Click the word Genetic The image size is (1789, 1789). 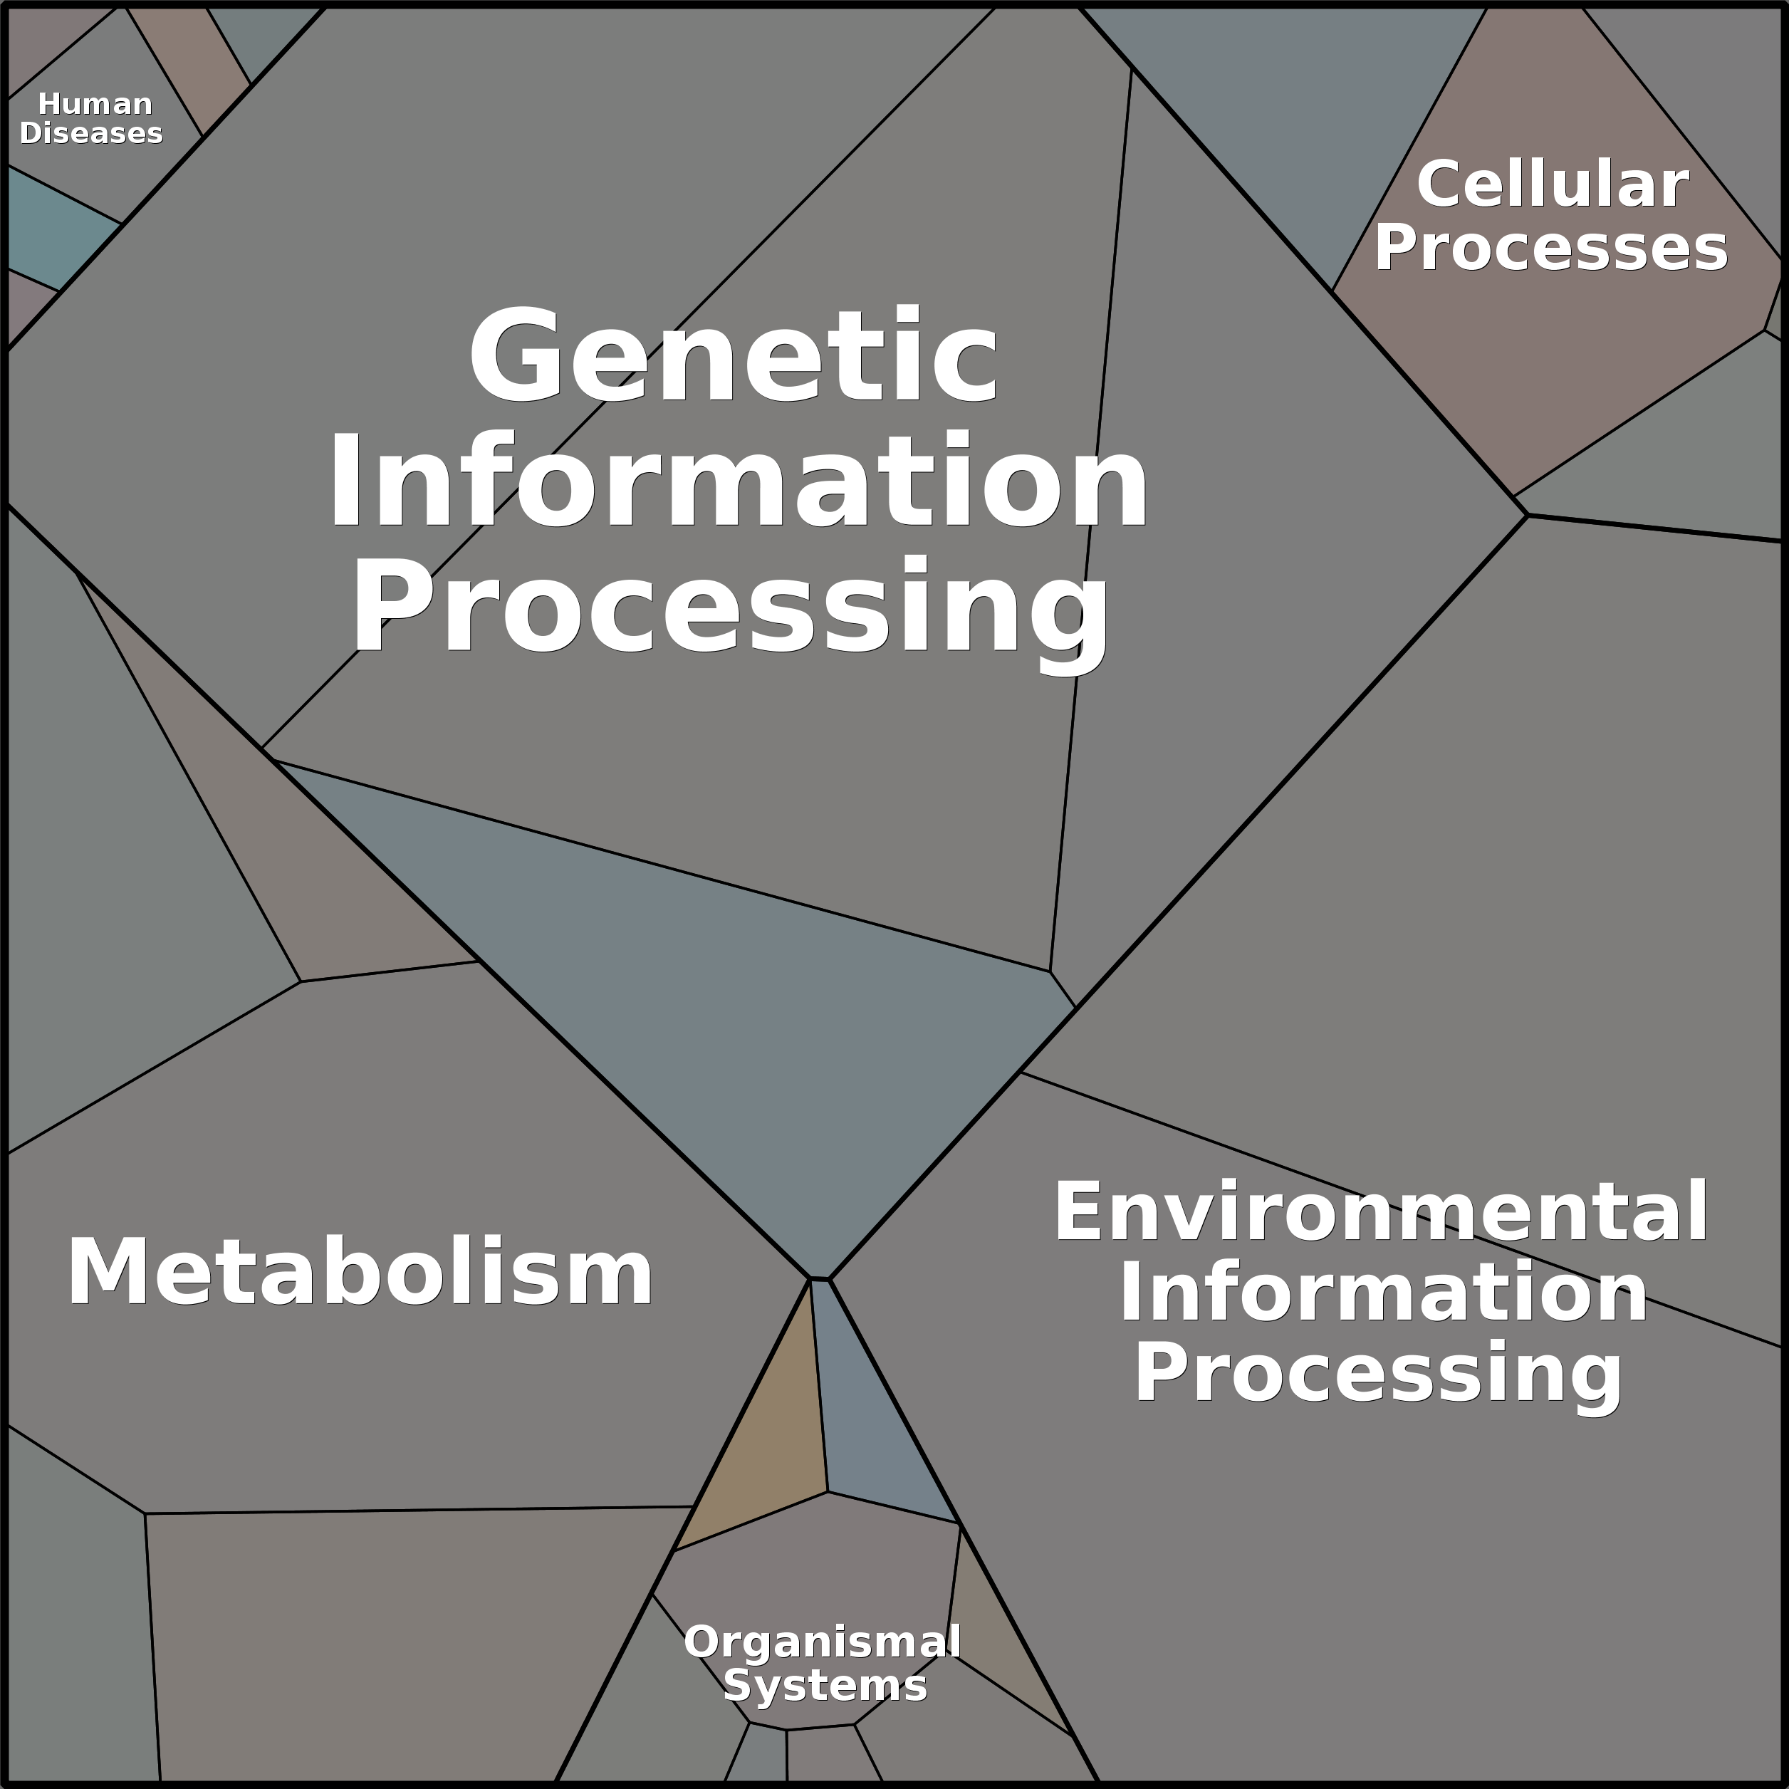[734, 357]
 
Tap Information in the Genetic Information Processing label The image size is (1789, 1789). [738, 481]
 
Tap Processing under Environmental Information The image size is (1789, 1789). [1379, 1375]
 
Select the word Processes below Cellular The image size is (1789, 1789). [1551, 247]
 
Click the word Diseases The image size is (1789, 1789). [90, 132]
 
